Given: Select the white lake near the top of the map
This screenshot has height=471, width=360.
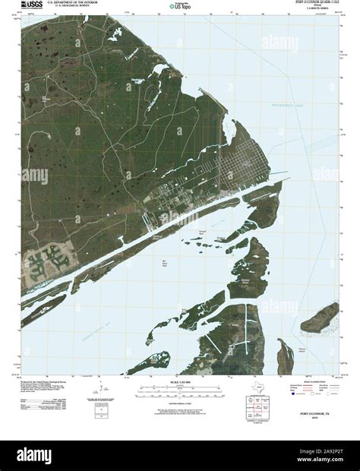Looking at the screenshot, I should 114,35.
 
